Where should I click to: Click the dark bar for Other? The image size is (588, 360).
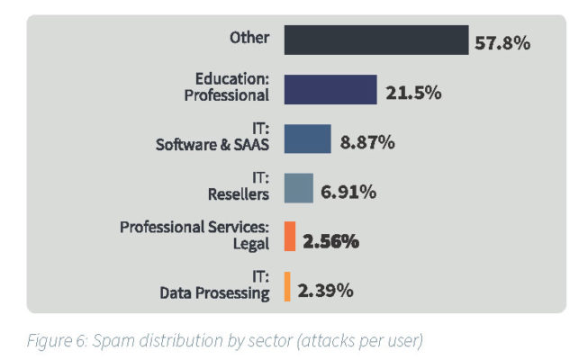(376, 40)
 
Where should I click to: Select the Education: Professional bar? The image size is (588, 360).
(330, 90)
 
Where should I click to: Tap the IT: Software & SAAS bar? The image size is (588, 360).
(308, 139)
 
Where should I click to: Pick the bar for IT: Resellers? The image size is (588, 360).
(299, 188)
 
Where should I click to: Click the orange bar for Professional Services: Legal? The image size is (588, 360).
(290, 238)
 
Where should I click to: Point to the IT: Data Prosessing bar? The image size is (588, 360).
(287, 287)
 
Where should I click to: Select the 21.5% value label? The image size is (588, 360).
(413, 92)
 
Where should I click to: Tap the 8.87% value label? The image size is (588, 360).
(367, 141)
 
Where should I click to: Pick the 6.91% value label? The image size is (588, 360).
(348, 192)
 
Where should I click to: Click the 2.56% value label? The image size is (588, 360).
(332, 241)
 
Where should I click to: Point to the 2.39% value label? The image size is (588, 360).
(326, 290)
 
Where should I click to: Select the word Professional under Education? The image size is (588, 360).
(228, 96)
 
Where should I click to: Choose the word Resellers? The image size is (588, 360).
(239, 194)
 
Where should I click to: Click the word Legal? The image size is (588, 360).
(251, 244)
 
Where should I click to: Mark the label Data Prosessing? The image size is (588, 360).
(214, 293)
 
